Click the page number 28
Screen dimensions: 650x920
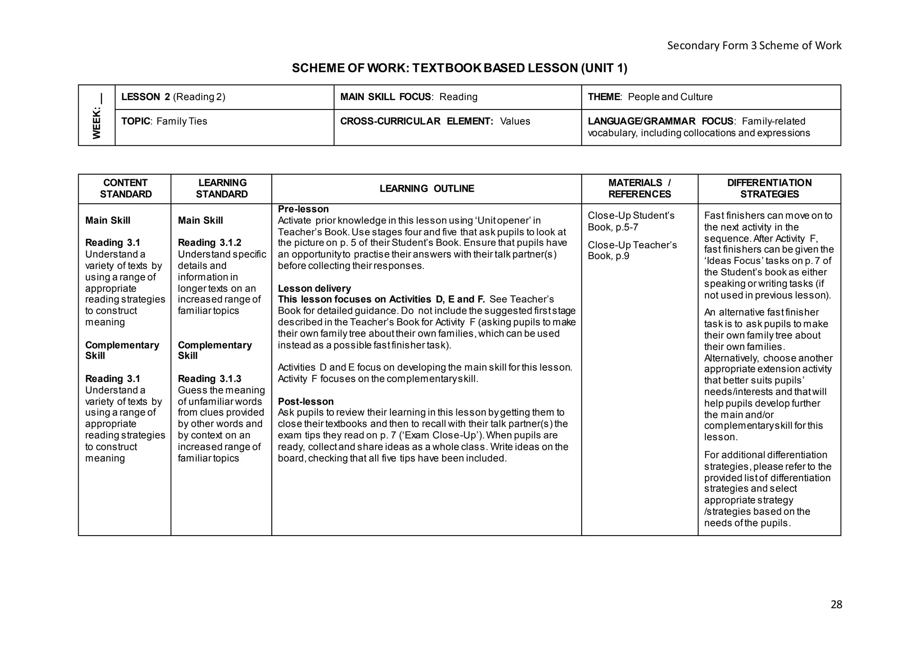pos(836,605)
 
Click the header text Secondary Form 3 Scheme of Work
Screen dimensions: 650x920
pos(754,45)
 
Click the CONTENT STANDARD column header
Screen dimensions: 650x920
pos(125,189)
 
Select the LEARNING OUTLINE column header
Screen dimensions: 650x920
pos(426,189)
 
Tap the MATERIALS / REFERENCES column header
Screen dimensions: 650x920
pos(639,189)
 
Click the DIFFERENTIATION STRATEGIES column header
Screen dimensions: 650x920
pos(769,189)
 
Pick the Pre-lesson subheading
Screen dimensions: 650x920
pos(303,209)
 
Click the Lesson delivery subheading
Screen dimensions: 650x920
pos(314,289)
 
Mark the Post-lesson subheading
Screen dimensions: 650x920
pos(305,401)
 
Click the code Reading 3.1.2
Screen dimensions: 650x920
pos(209,243)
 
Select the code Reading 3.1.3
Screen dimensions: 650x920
pos(209,379)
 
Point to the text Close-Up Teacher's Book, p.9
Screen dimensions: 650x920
pos(632,250)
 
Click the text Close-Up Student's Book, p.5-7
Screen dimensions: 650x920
pos(631,221)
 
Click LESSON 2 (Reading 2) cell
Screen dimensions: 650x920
pos(173,97)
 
